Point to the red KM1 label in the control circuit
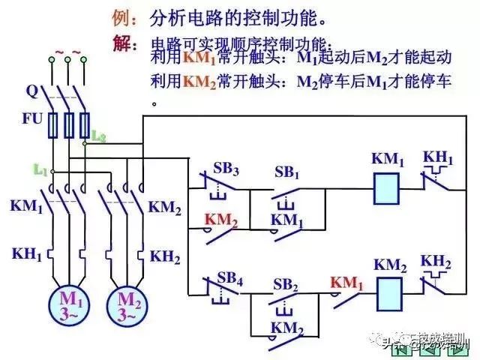click(346, 283)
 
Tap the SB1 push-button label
click(286, 173)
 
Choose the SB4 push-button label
click(230, 280)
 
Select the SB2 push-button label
click(286, 283)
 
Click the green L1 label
click(40, 170)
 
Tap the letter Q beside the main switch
click(31, 91)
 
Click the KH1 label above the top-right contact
click(437, 157)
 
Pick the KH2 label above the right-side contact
click(436, 261)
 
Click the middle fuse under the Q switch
click(68, 125)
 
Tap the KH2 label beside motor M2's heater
click(165, 256)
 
